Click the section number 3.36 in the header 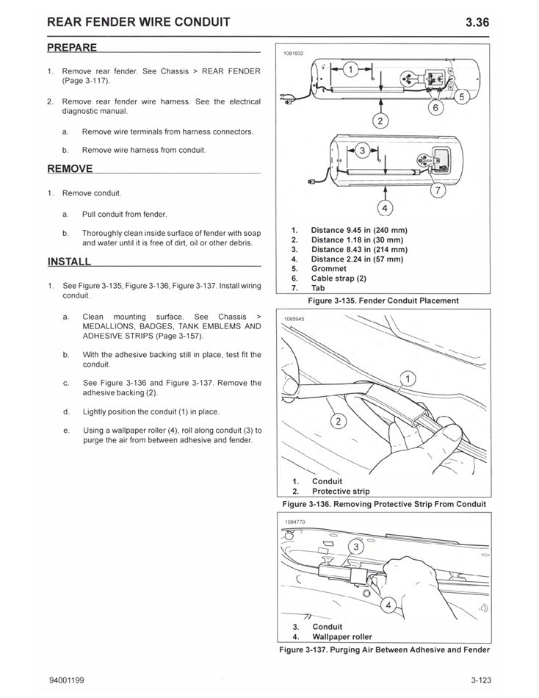tap(477, 22)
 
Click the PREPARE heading tap(72, 48)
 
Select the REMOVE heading tap(70, 169)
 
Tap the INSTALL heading tap(69, 262)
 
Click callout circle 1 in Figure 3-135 tap(350, 70)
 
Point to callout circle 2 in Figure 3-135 tap(380, 120)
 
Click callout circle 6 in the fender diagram tap(434, 107)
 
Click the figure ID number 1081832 tap(293, 53)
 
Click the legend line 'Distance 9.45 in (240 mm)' tap(358, 230)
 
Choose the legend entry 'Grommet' tap(328, 269)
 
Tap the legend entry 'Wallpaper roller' tap(341, 636)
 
